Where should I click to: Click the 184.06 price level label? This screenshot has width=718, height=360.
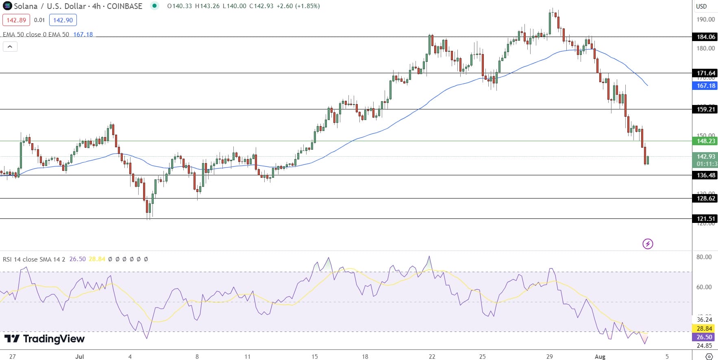pyautogui.click(x=706, y=37)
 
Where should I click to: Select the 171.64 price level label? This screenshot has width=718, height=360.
pyautogui.click(x=706, y=73)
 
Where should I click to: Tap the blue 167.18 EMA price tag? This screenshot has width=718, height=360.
pyautogui.click(x=706, y=86)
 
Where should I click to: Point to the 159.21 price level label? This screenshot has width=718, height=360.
pyautogui.click(x=706, y=109)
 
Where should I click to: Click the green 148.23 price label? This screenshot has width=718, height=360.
pyautogui.click(x=706, y=141)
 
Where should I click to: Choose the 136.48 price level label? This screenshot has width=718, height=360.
pyautogui.click(x=706, y=175)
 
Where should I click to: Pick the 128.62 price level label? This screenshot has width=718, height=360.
pyautogui.click(x=706, y=199)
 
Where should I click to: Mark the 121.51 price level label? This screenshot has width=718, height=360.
pyautogui.click(x=706, y=219)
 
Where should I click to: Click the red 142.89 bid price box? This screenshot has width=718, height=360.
pyautogui.click(x=16, y=20)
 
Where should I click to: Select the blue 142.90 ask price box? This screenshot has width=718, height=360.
pyautogui.click(x=63, y=20)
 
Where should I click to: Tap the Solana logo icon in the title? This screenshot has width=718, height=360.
pyautogui.click(x=7, y=6)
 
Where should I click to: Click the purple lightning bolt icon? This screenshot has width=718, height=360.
pyautogui.click(x=648, y=244)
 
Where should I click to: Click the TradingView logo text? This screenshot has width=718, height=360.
pyautogui.click(x=45, y=339)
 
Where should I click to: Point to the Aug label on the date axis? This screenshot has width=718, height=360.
pyautogui.click(x=600, y=357)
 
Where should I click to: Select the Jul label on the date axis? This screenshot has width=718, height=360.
pyautogui.click(x=80, y=357)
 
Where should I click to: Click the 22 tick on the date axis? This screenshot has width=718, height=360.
pyautogui.click(x=432, y=357)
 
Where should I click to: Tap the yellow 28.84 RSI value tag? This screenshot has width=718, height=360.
pyautogui.click(x=705, y=329)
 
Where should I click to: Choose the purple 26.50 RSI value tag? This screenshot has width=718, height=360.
pyautogui.click(x=705, y=337)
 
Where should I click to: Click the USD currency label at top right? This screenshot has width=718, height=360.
pyautogui.click(x=701, y=6)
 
